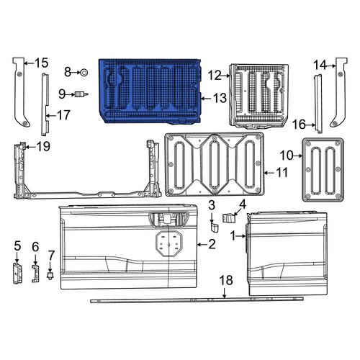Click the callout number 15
coord(41,63)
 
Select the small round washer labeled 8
coord(84,72)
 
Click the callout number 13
coord(220,98)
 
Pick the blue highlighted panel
coord(150,91)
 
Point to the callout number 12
coord(215,76)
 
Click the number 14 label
coord(320,65)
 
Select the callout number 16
coord(299,125)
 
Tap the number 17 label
coord(63,115)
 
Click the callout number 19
coord(43,146)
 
